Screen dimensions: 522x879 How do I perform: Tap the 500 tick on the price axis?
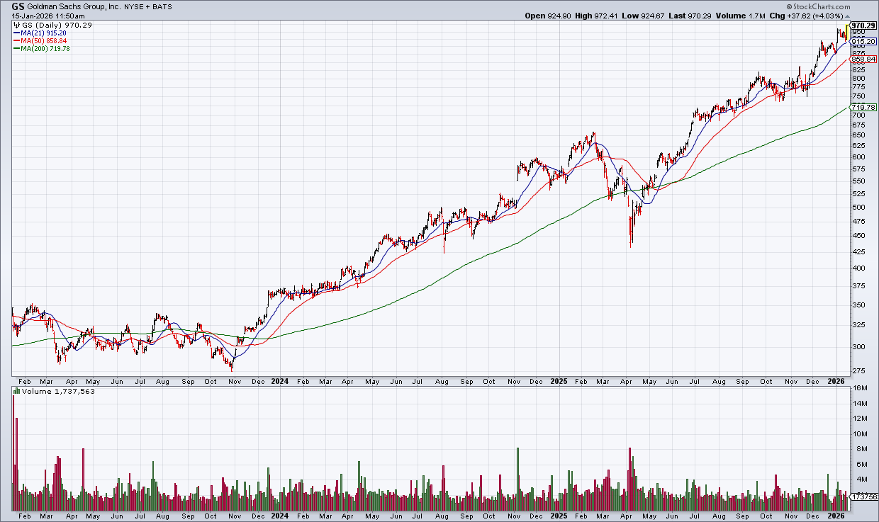pyautogui.click(x=858, y=208)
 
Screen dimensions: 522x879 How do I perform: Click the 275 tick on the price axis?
pyautogui.click(x=858, y=372)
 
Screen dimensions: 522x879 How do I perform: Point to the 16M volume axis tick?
pyautogui.click(x=858, y=388)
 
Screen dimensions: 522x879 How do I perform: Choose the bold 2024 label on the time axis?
pyautogui.click(x=279, y=381)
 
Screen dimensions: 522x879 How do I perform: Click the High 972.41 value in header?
pyautogui.click(x=603, y=15)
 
